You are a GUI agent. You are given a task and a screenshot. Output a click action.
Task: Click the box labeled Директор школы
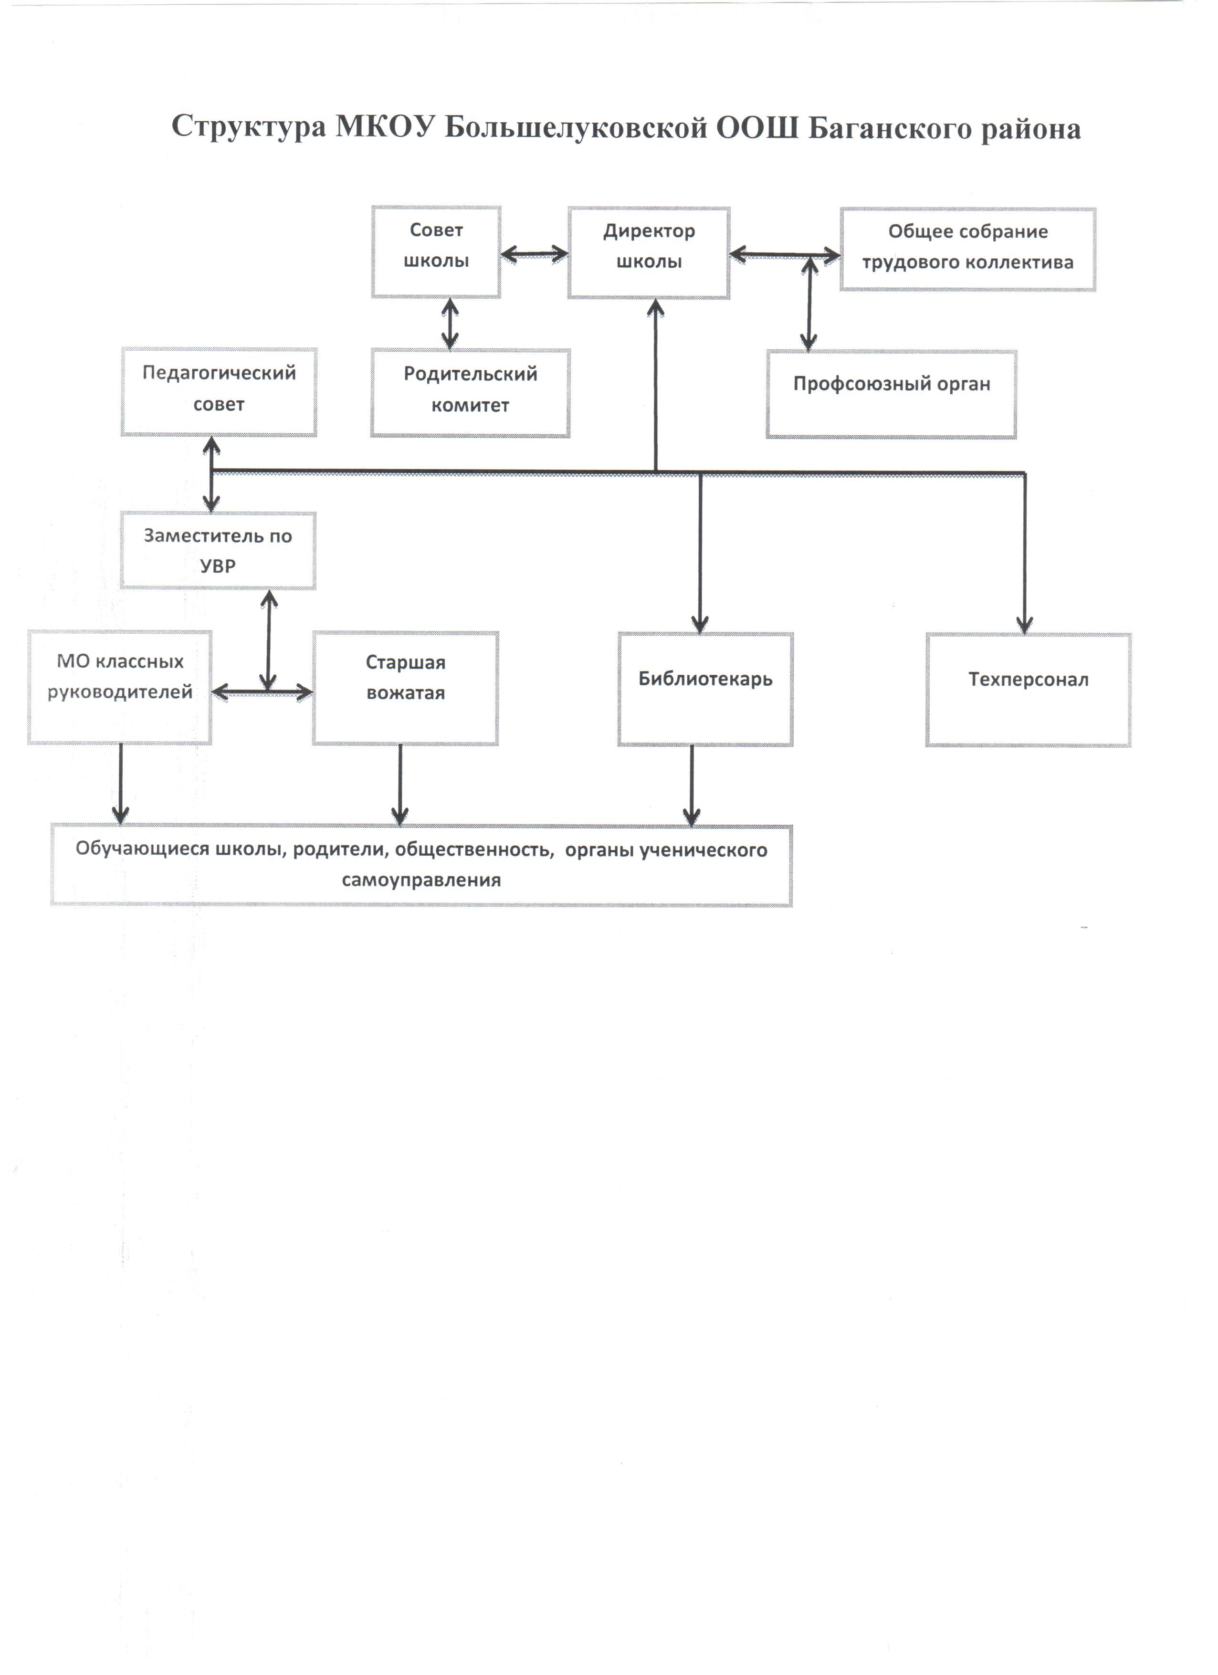point(649,252)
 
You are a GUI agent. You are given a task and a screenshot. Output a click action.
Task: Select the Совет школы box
point(436,252)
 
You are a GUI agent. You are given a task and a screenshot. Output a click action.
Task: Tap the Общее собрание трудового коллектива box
point(967,250)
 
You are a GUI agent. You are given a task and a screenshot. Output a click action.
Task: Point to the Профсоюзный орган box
point(892,394)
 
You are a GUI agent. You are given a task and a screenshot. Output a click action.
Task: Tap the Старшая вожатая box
point(406,688)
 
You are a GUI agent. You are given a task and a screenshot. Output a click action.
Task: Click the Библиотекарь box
point(705,689)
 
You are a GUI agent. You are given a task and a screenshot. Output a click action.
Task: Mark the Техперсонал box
point(1028,690)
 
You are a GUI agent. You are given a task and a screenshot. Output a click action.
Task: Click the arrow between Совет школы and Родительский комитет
point(450,324)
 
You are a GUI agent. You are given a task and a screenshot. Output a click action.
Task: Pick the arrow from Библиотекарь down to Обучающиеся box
point(692,785)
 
